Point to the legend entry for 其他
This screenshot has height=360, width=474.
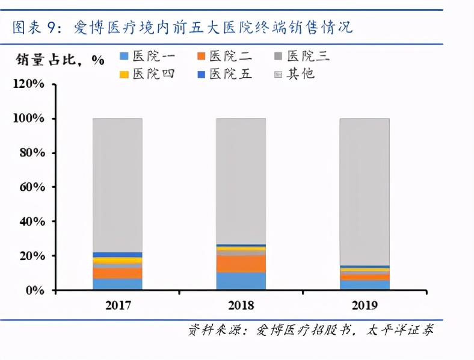295,75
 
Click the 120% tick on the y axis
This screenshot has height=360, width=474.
28,84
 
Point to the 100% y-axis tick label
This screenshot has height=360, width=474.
28,119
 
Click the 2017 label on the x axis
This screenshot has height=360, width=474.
117,306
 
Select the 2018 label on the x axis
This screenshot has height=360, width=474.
241,306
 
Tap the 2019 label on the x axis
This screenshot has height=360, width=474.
364,306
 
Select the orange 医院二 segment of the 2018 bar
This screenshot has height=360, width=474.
241,263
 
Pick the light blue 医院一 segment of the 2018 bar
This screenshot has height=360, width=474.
241,281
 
